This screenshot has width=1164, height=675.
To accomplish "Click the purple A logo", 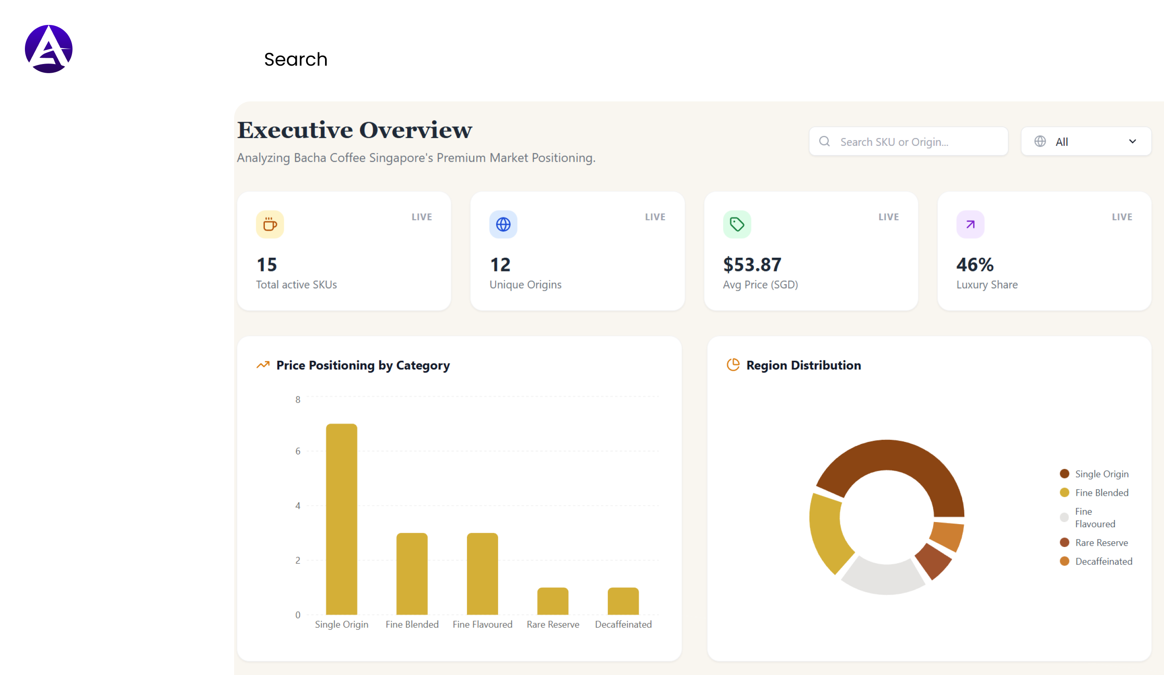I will [49, 49].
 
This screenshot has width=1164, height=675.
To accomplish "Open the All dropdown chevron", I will [1132, 141].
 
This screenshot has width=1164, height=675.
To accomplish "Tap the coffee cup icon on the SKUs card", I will [270, 225].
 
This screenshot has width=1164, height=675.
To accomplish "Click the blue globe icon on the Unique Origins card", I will [503, 225].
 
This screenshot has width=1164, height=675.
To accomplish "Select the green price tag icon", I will [737, 225].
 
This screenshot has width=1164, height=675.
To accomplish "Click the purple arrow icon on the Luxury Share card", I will [970, 225].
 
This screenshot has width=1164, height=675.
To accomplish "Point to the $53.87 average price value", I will [752, 265].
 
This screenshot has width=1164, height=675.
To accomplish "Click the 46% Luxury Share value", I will [975, 265].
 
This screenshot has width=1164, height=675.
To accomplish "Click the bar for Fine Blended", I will [411, 573].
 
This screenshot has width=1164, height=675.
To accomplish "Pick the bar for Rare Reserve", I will [553, 601].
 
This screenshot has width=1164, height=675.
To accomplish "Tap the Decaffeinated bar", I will [623, 601].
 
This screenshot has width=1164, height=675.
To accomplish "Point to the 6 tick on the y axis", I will [298, 451].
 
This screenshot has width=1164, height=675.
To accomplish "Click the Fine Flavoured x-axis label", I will [482, 624].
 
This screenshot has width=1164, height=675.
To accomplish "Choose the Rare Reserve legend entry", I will [1101, 543].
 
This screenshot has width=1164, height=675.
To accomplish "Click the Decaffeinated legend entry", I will [1103, 561].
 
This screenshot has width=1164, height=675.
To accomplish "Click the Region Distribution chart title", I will [803, 365].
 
